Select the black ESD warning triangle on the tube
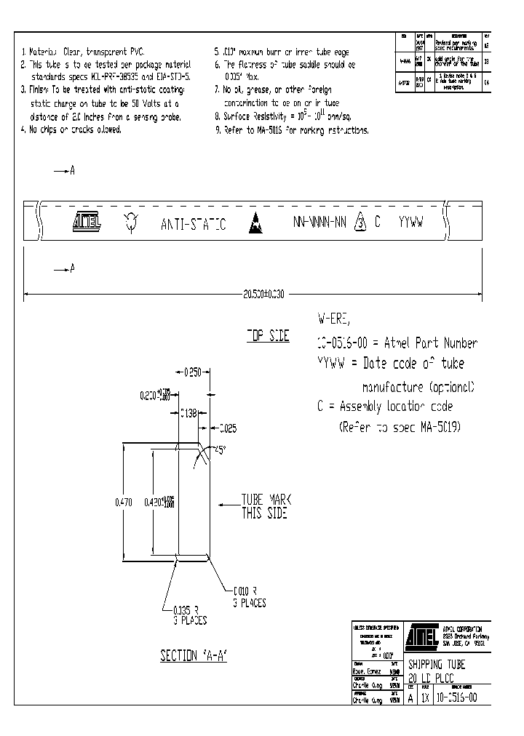click(255, 223)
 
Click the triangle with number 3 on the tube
click(359, 223)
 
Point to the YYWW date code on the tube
click(411, 222)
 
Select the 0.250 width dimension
click(192, 373)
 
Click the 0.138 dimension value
click(188, 413)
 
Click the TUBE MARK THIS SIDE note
click(266, 506)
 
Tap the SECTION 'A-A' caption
click(194, 655)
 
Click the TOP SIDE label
click(267, 336)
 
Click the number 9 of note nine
click(217, 130)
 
